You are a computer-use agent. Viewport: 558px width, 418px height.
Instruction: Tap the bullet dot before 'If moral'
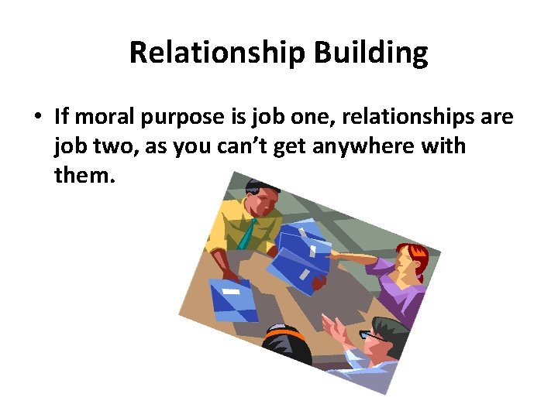point(36,118)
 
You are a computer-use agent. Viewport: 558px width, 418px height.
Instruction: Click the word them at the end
point(84,176)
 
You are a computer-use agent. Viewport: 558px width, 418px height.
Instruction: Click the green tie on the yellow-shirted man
point(248,233)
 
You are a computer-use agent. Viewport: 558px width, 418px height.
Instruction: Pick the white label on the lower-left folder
point(231,292)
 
